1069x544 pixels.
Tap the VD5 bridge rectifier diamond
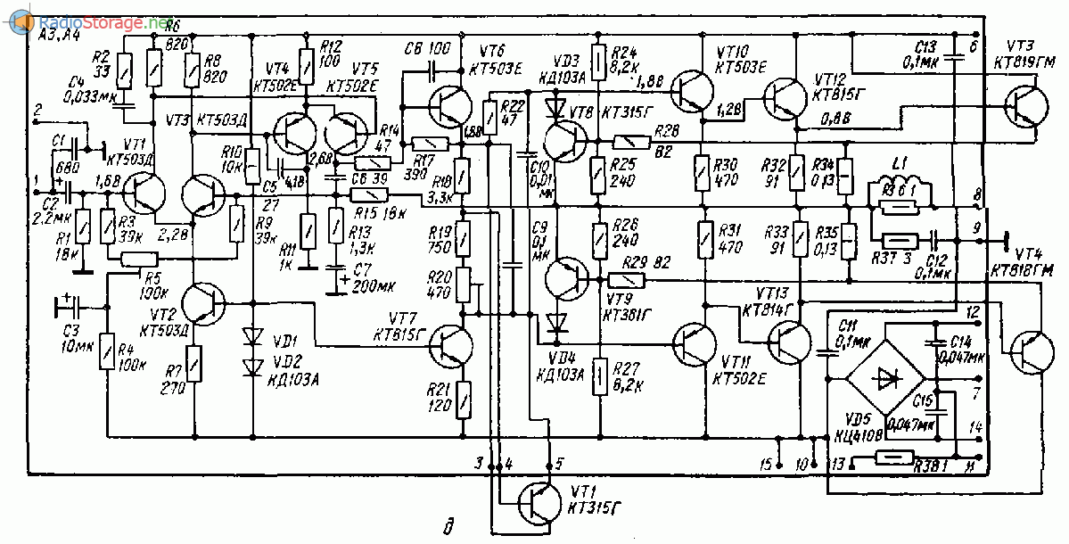[x=885, y=377]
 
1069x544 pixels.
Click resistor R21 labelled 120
[x=464, y=393]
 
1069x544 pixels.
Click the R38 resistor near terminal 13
[x=893, y=458]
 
